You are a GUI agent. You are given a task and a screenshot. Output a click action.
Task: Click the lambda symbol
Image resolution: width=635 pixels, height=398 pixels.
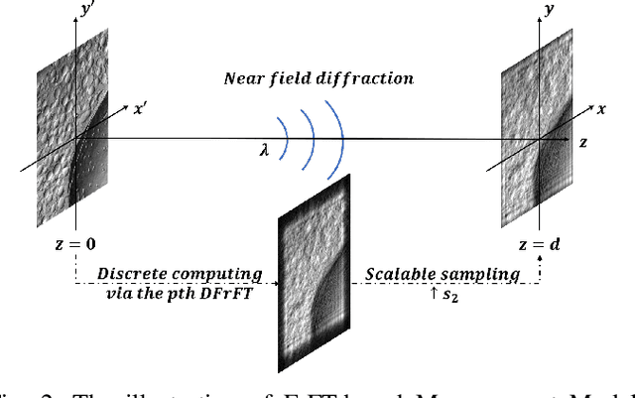[x=262, y=150]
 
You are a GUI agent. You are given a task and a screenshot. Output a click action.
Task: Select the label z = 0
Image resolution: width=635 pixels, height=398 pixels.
[x=75, y=242]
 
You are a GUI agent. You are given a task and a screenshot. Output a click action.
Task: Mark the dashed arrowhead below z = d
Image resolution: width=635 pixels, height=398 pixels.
[x=539, y=261]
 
